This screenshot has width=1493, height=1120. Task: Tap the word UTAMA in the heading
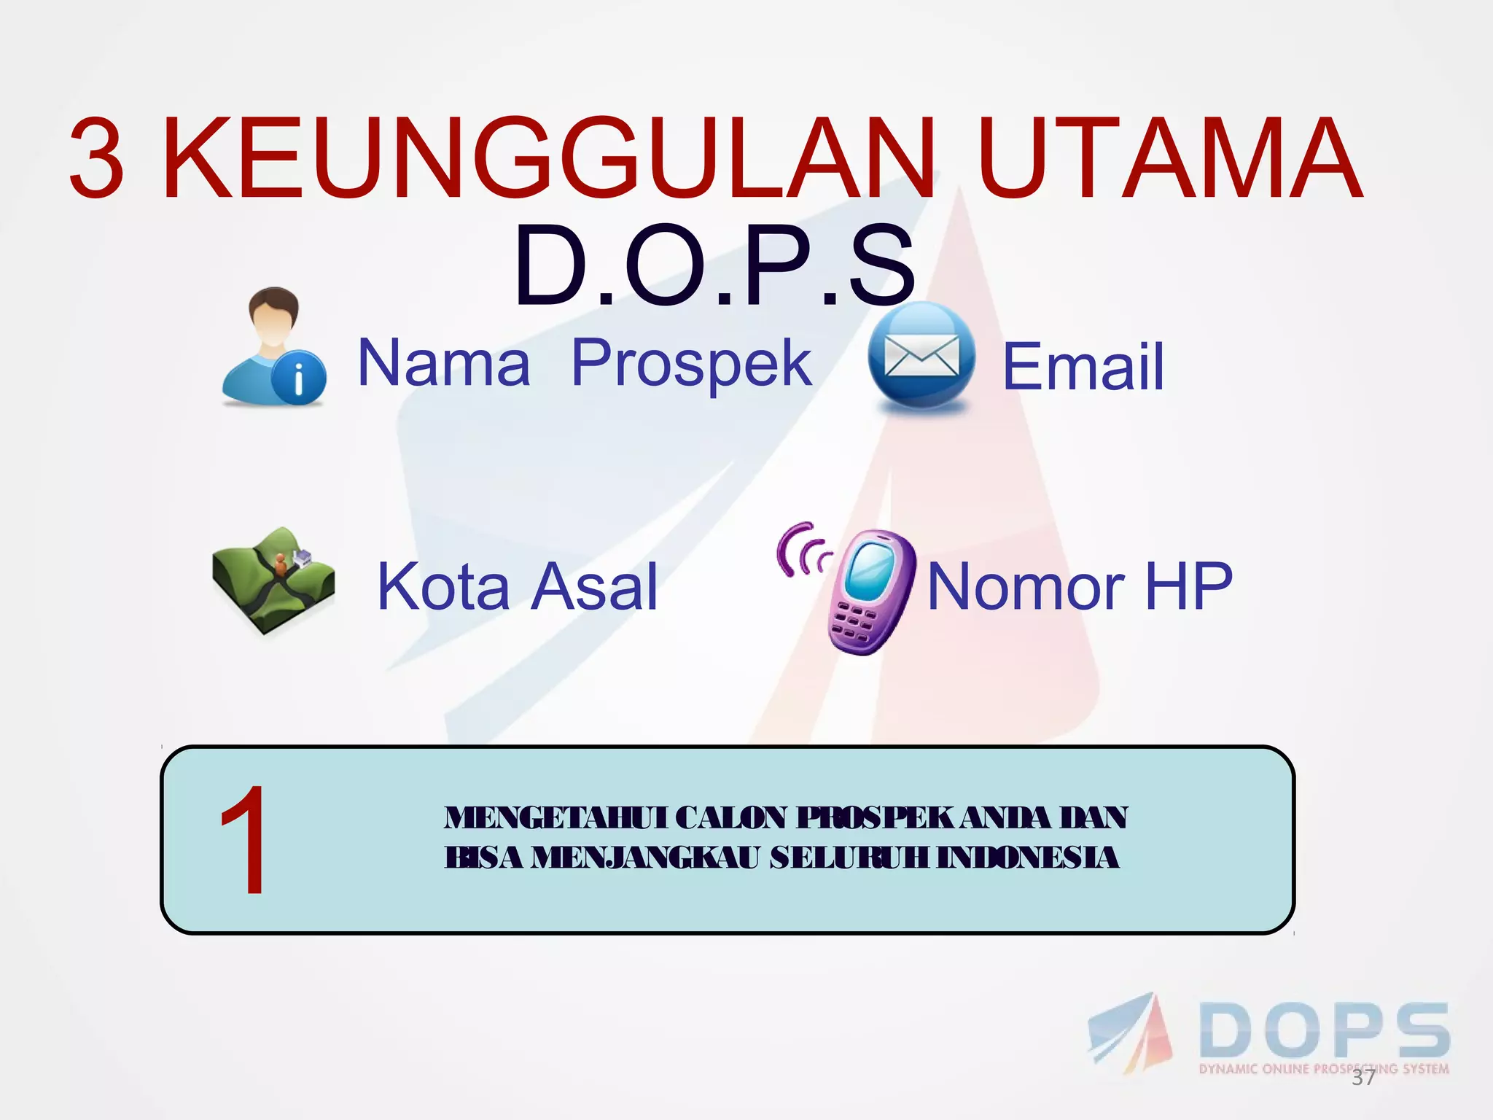click(1169, 159)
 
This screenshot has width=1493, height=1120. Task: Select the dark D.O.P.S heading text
click(714, 267)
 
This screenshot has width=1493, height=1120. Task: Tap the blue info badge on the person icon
click(298, 378)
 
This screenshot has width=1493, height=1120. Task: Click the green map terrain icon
click(274, 580)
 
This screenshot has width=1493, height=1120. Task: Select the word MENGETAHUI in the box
click(556, 818)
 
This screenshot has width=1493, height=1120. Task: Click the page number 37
click(1363, 1078)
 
